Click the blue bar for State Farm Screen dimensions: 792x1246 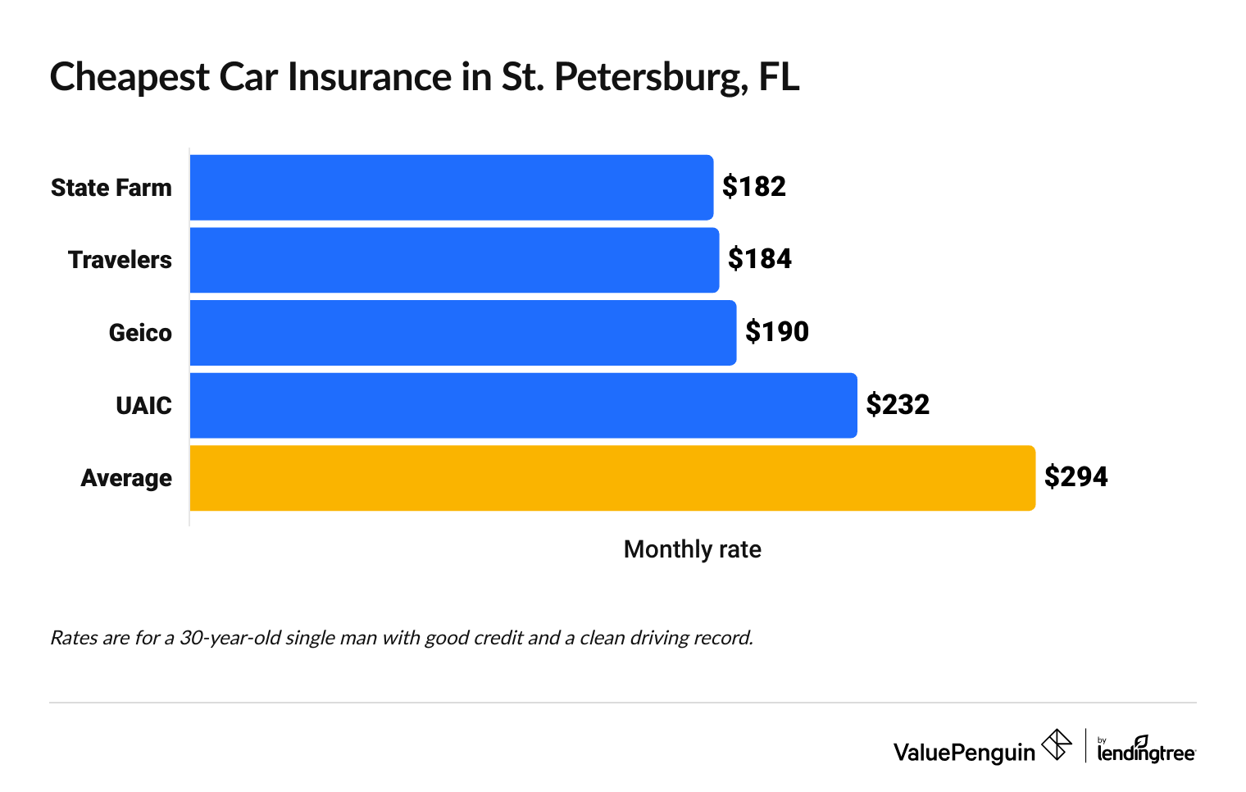click(x=451, y=188)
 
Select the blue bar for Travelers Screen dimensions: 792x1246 click(x=454, y=260)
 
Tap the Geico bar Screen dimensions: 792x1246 click(x=462, y=333)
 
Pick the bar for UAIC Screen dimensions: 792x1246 click(x=523, y=406)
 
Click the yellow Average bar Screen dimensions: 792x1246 click(x=612, y=478)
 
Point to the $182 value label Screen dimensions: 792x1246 click(x=753, y=187)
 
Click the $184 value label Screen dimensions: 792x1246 click(x=759, y=259)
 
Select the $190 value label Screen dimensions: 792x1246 click(x=776, y=332)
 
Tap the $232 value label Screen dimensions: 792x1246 click(x=898, y=405)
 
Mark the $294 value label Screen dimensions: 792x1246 click(x=1075, y=477)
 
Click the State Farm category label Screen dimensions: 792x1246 click(x=111, y=188)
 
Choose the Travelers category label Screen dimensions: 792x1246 click(x=120, y=260)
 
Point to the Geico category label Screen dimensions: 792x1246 click(x=140, y=333)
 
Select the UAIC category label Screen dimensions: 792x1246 click(x=143, y=406)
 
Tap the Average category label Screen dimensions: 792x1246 click(x=126, y=478)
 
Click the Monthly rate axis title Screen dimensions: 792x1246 click(x=692, y=549)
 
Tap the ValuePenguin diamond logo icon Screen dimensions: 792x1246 click(x=1056, y=745)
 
